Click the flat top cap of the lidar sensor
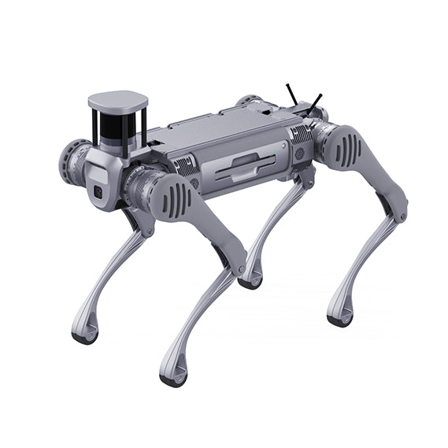coord(117,101)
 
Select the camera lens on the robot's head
coord(98,191)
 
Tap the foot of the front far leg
coord(85,334)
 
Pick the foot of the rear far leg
coord(250,280)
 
